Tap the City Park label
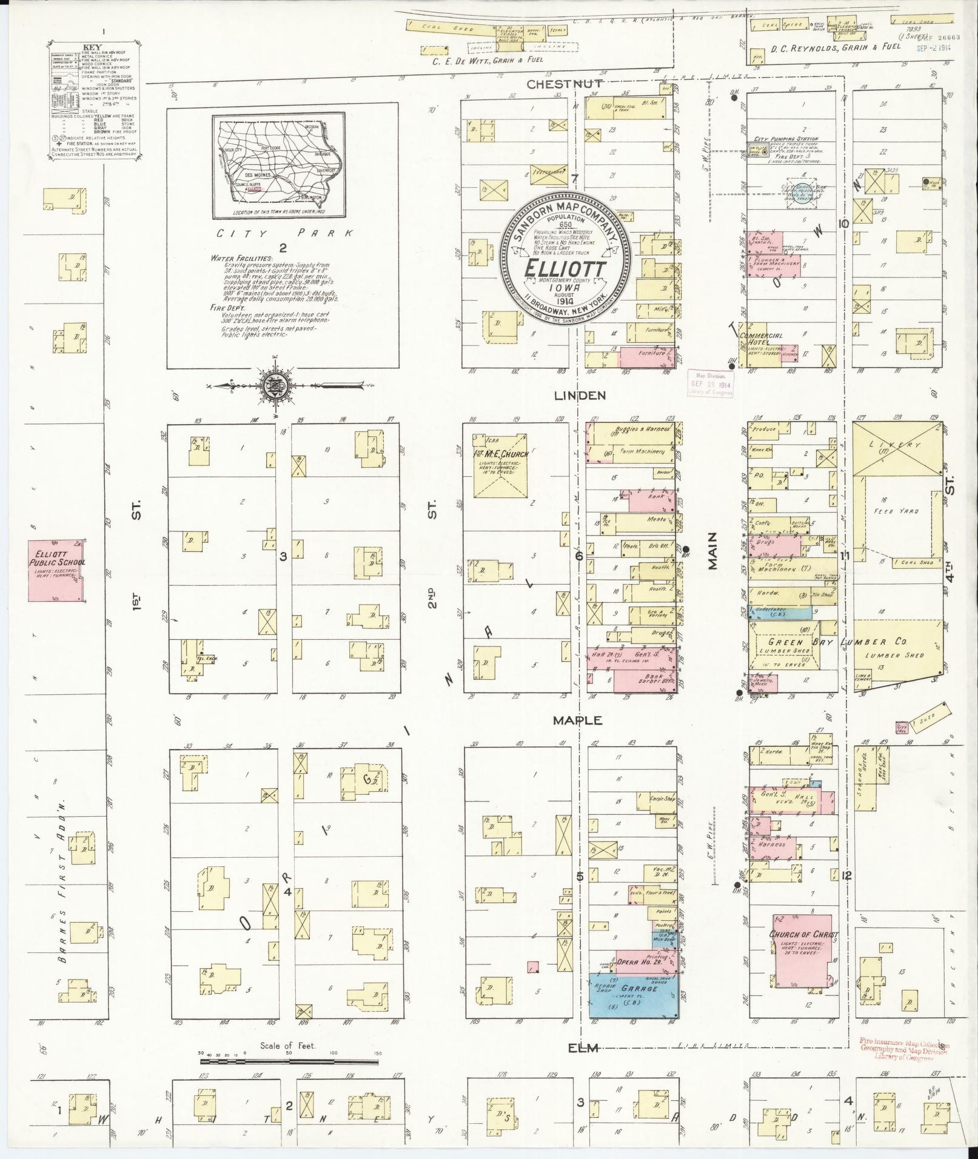tap(283, 233)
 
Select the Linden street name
tap(579, 395)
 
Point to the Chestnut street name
tap(564, 84)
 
